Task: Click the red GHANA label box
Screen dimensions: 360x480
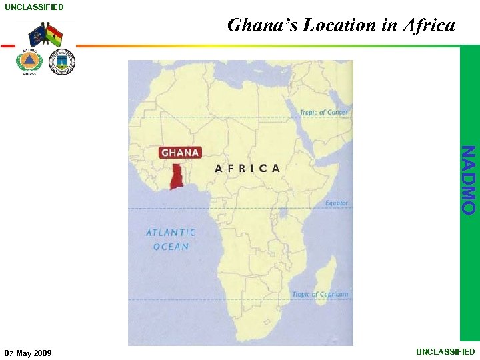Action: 180,153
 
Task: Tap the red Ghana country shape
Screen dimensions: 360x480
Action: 177,176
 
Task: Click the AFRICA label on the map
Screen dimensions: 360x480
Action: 247,168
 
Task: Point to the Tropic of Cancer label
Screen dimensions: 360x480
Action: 323,112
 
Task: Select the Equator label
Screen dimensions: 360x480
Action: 336,203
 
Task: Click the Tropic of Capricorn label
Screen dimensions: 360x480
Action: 320,294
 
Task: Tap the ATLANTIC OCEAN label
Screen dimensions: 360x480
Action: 171,239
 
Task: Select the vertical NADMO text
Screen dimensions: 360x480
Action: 469,180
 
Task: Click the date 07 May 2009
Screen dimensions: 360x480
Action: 28,352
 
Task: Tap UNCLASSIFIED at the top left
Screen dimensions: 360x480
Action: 35,7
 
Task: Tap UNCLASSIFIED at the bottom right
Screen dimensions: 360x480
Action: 445,351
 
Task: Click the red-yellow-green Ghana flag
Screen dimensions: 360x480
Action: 55,35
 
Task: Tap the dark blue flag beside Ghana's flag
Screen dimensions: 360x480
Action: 37,34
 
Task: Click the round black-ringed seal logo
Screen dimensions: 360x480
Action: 62,62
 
